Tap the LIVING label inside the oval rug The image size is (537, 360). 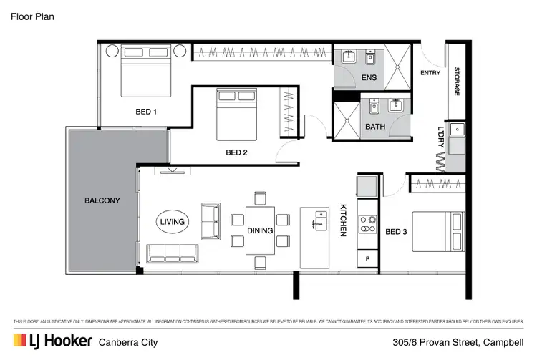(x=172, y=222)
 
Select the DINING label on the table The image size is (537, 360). (x=260, y=230)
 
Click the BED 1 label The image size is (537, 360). (x=146, y=112)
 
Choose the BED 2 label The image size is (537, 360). (x=236, y=152)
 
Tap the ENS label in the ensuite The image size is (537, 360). (x=369, y=77)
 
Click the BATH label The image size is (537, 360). (x=375, y=127)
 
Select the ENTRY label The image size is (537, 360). (x=430, y=72)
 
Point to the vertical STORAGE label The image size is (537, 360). (x=456, y=82)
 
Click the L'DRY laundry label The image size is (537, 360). (x=441, y=138)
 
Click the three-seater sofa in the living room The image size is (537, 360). (x=172, y=252)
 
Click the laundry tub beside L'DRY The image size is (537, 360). (x=458, y=130)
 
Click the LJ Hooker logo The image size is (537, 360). (x=51, y=341)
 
